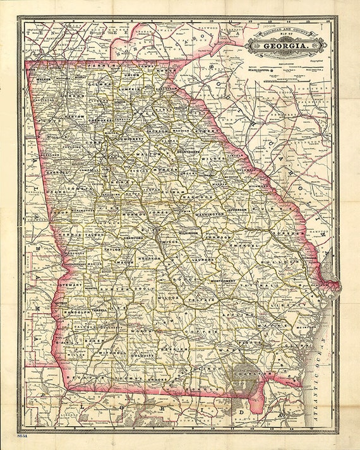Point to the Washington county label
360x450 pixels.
210,215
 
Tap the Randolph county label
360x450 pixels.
75,313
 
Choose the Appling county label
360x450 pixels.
243,313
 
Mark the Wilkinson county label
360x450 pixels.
187,233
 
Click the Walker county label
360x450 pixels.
44,80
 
